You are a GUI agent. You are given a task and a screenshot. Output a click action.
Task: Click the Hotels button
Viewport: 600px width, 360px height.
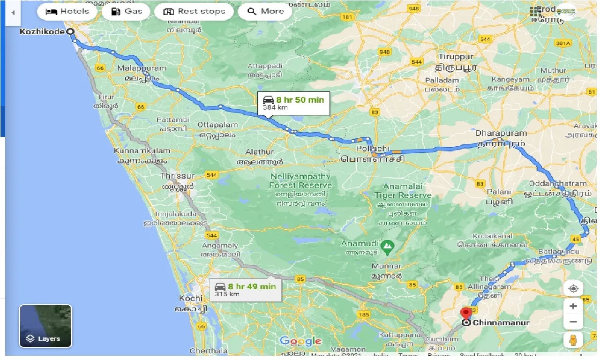67,12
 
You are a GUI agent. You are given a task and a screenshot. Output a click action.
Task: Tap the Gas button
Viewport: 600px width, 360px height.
126,12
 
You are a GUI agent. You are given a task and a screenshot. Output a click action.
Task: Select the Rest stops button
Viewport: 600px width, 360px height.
194,12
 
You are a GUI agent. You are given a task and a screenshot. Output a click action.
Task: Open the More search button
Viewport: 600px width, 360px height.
265,12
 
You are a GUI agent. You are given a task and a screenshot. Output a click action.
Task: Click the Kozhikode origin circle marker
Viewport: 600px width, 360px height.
70,32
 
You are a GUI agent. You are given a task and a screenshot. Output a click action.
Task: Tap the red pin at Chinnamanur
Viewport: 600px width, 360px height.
466,313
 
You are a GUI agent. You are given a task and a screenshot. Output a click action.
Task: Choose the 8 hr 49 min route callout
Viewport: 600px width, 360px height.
245,290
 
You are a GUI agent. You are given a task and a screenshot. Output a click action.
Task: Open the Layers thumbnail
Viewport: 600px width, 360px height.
45,326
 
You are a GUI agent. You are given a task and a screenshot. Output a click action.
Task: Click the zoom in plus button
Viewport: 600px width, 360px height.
573,307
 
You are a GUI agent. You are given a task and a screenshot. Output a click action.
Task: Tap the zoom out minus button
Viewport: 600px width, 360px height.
573,322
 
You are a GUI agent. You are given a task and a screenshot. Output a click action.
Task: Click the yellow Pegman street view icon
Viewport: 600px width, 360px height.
573,341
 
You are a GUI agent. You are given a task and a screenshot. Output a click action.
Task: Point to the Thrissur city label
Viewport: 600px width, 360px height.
177,176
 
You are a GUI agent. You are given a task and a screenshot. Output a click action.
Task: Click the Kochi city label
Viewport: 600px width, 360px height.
191,298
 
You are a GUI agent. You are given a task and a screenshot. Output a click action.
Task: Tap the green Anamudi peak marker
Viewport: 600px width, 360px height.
387,245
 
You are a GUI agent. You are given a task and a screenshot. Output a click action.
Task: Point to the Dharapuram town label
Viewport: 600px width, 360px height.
501,133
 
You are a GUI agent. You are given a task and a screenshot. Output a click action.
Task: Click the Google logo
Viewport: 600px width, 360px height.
300,341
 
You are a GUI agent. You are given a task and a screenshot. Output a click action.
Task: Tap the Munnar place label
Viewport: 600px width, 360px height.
386,266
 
